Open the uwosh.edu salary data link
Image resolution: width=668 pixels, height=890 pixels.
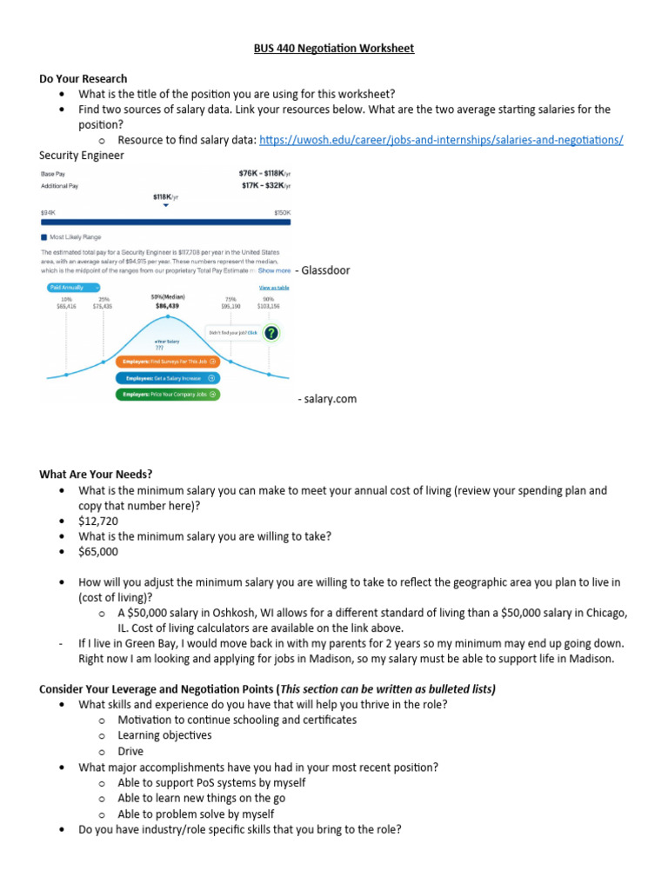tap(441, 140)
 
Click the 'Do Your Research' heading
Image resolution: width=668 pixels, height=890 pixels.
tap(83, 78)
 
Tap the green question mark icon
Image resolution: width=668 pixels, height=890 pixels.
tap(271, 333)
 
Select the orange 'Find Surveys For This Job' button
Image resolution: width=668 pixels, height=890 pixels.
tap(167, 361)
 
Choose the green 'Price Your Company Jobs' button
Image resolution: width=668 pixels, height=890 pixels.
tap(167, 394)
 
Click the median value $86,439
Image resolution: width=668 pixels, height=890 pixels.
tap(168, 306)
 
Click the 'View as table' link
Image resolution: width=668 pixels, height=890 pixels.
tap(273, 288)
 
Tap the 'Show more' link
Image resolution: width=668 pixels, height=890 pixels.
tap(274, 270)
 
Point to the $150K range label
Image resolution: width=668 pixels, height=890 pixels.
tap(282, 212)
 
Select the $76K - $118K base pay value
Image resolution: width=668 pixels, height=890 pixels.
tap(264, 173)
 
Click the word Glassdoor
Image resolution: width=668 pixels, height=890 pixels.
tap(326, 270)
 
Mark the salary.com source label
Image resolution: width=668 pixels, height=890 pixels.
tap(327, 399)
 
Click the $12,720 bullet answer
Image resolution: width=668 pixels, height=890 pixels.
tap(97, 521)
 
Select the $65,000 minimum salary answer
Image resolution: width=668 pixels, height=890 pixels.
tap(97, 551)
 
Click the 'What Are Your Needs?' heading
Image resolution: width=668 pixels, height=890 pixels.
tap(96, 475)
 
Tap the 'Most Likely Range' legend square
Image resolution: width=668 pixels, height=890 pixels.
tap(43, 236)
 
